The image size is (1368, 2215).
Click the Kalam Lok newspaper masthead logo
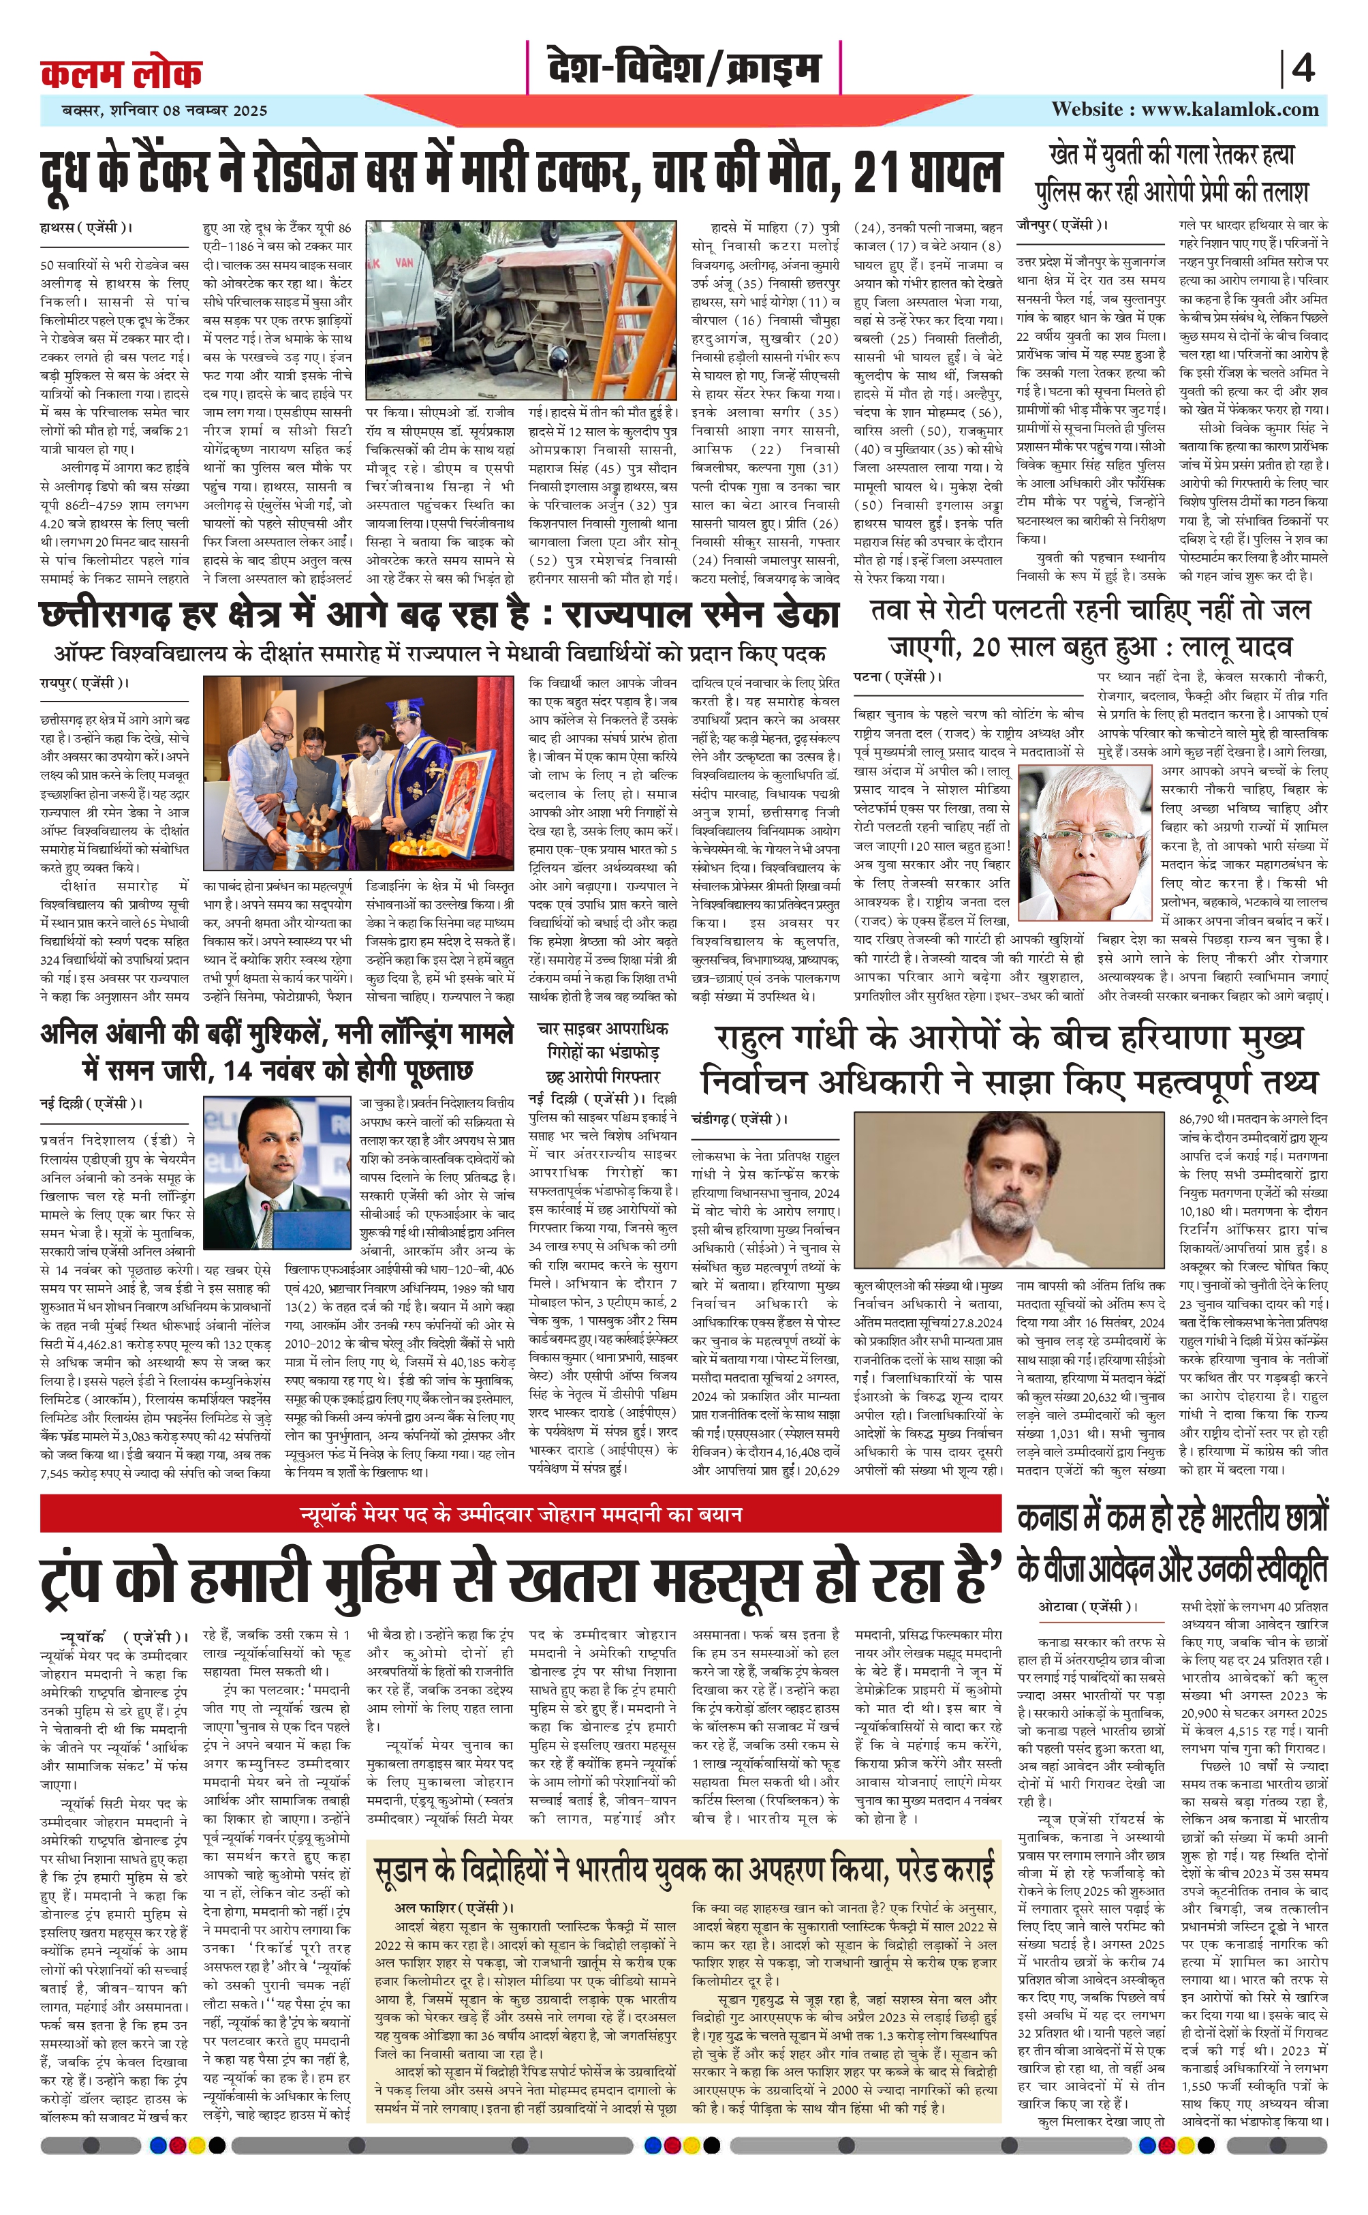click(121, 72)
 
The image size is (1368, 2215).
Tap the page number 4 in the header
click(1303, 69)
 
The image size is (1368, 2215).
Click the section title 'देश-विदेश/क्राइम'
click(684, 69)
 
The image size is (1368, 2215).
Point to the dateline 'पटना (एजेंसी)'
click(897, 676)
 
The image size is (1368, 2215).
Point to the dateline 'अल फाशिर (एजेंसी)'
click(453, 1878)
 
